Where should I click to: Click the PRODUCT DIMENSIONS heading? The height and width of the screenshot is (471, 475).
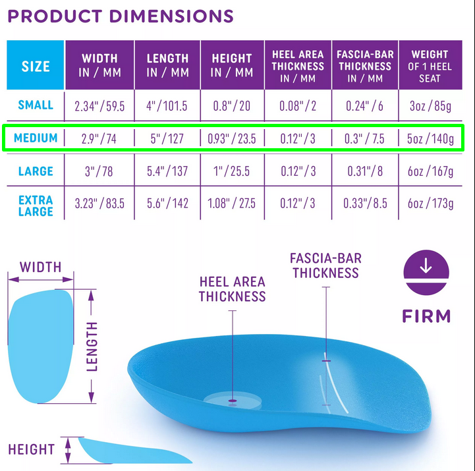(121, 16)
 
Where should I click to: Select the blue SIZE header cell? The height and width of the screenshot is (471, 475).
(36, 65)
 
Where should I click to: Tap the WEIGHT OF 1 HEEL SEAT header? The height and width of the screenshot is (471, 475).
(430, 67)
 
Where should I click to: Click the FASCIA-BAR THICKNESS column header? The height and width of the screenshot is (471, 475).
(365, 67)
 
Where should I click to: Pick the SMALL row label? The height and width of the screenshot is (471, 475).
(36, 105)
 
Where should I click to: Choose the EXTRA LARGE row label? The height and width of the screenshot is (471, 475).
(36, 206)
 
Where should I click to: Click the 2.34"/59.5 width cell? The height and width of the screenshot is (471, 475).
(99, 106)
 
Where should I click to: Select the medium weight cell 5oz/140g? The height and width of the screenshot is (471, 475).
(430, 139)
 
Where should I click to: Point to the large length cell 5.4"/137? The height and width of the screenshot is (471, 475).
(167, 171)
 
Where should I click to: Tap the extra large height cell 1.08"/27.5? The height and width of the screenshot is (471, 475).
(231, 204)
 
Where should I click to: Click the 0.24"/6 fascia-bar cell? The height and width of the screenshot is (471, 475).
(365, 106)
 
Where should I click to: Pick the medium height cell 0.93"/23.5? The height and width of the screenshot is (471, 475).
(232, 139)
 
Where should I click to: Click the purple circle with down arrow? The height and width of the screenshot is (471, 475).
(426, 272)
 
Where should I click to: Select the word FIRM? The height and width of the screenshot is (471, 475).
(426, 316)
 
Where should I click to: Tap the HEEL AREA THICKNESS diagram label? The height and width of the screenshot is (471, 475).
(233, 289)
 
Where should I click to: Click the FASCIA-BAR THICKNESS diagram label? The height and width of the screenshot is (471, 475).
(325, 265)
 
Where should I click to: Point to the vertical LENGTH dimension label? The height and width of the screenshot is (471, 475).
(92, 346)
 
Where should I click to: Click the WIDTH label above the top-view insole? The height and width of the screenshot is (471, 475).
(41, 267)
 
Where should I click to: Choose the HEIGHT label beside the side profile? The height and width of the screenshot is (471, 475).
(31, 449)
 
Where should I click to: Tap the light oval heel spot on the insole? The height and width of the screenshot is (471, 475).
(233, 401)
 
